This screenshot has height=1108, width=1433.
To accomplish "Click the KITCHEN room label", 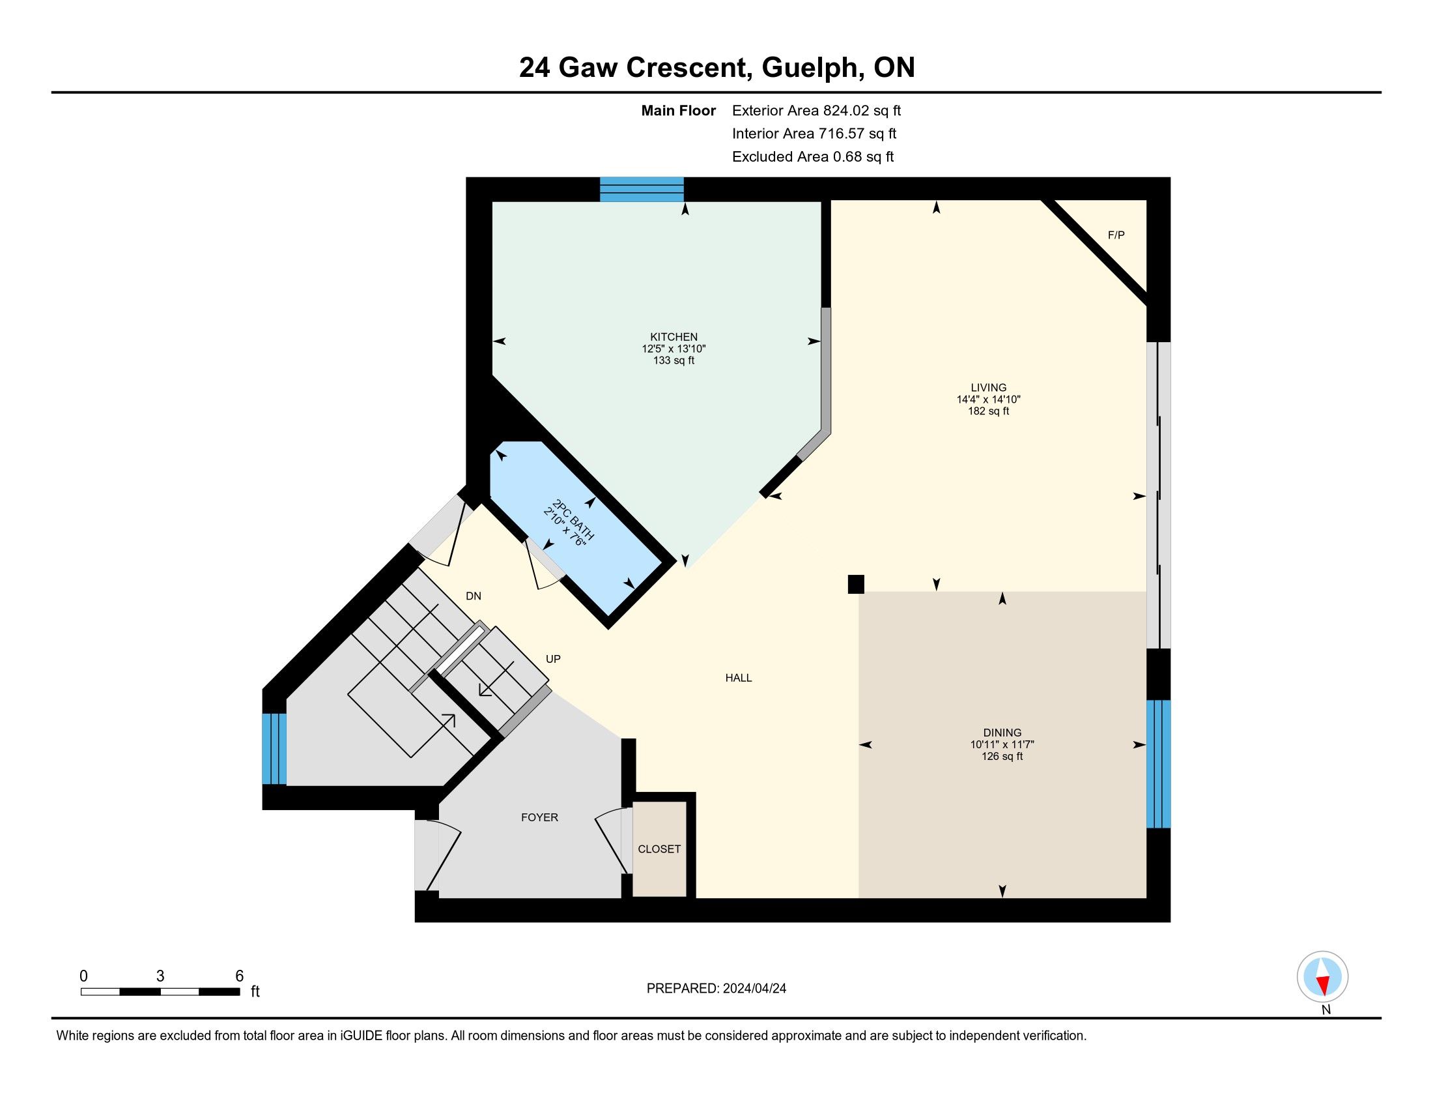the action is pyautogui.click(x=674, y=337).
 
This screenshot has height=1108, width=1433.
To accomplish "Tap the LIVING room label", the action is pyautogui.click(x=988, y=387).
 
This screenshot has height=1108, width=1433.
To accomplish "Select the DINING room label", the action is pyautogui.click(x=1002, y=733).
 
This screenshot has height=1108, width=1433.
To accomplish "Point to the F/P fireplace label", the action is pyautogui.click(x=1116, y=235).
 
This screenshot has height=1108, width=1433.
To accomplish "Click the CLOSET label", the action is pyautogui.click(x=659, y=849).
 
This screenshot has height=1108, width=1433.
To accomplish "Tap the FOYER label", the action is pyautogui.click(x=539, y=817).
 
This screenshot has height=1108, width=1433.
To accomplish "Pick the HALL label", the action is pyautogui.click(x=739, y=678).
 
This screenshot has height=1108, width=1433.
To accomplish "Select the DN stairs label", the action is pyautogui.click(x=473, y=596).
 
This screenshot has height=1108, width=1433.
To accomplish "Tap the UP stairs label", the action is pyautogui.click(x=553, y=659).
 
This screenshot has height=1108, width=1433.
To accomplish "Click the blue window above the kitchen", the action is pyautogui.click(x=642, y=189).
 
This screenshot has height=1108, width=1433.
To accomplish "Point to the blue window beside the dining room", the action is pyautogui.click(x=1158, y=764).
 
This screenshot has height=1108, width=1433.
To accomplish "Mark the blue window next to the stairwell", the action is pyautogui.click(x=274, y=748).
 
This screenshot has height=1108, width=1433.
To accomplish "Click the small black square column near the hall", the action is pyautogui.click(x=856, y=584).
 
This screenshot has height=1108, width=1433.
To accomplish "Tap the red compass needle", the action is pyautogui.click(x=1324, y=985).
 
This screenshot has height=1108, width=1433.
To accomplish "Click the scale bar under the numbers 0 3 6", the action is pyautogui.click(x=160, y=991).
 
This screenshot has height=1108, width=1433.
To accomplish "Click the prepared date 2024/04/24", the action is pyautogui.click(x=754, y=989).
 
